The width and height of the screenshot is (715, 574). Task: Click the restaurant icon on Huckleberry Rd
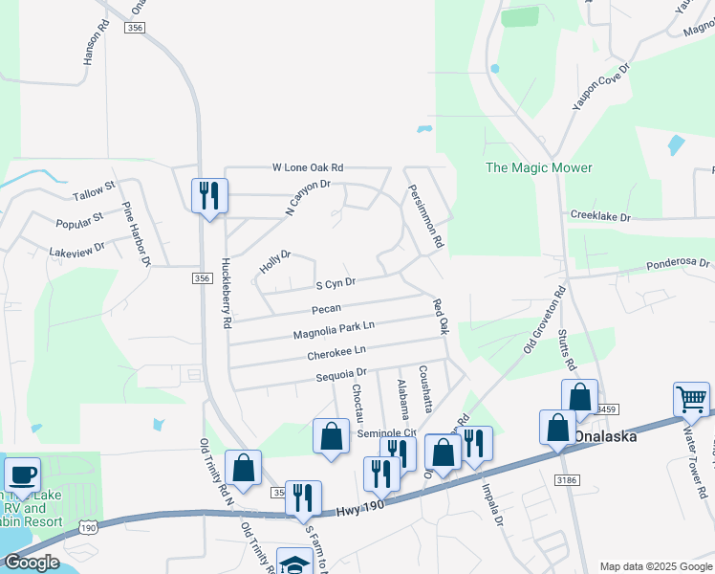206,196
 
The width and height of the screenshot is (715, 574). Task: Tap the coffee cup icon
22,475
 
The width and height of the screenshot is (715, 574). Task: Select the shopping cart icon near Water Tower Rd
691,399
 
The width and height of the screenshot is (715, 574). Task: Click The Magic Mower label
539,168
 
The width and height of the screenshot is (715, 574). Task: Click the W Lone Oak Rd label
307,167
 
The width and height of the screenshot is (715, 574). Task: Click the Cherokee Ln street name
336,354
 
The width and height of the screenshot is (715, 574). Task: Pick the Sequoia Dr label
341,373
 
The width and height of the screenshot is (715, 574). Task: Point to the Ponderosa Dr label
679,263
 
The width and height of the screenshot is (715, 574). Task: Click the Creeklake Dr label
600,217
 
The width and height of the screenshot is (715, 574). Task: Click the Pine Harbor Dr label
135,233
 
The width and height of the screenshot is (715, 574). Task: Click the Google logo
32,563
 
